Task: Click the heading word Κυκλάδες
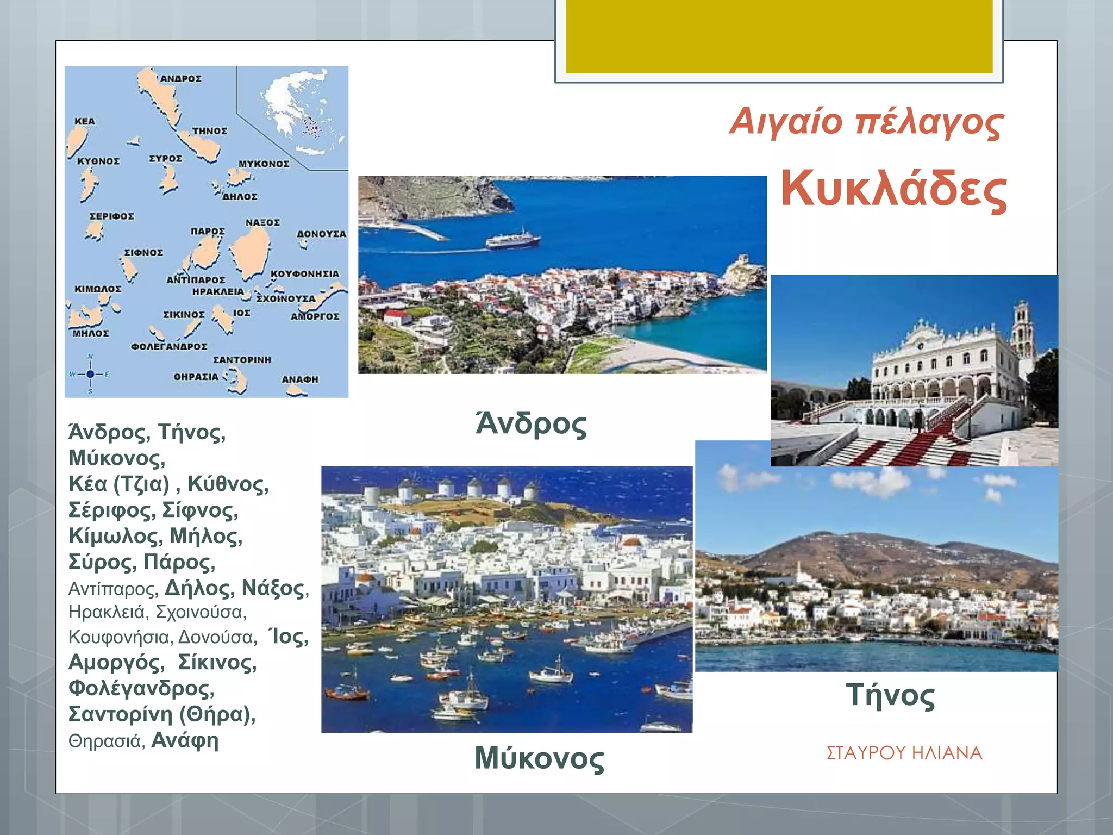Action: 893,189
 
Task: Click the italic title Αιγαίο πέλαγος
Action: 866,121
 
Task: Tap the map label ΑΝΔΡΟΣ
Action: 181,79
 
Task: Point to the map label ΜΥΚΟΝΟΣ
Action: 264,164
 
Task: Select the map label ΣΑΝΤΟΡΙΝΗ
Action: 242,360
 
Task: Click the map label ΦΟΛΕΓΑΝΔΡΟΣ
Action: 169,346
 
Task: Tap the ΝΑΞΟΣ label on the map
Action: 262,222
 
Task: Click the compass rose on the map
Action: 90,374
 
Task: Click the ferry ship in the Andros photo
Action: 512,239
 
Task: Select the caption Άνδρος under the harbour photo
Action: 531,424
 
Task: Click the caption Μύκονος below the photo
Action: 539,758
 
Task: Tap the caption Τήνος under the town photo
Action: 890,695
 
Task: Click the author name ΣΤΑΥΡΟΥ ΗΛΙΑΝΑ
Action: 904,753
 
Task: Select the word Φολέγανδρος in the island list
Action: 141,688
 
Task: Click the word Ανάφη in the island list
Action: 185,740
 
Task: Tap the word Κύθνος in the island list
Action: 228,484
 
